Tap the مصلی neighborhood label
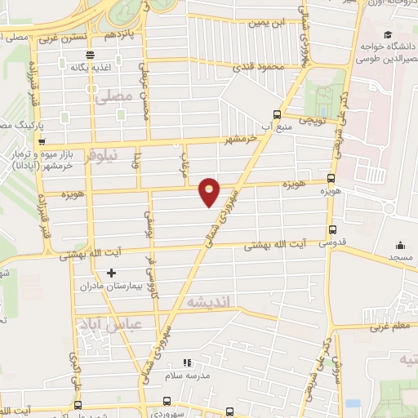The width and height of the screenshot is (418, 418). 113,96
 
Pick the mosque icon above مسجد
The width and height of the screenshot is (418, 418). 401,244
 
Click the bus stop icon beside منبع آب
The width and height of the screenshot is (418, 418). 277,114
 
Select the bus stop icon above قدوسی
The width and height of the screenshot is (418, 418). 331,230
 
